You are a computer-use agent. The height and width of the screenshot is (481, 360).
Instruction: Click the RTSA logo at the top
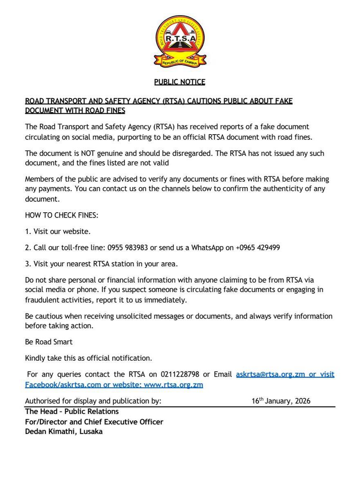[180, 40]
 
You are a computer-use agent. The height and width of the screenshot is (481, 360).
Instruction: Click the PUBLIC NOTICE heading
[179, 82]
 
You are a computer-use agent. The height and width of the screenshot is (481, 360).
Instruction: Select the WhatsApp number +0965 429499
[258, 247]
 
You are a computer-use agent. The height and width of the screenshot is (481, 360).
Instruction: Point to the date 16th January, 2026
[281, 401]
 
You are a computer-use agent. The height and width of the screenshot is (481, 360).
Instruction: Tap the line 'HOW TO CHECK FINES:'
[62, 215]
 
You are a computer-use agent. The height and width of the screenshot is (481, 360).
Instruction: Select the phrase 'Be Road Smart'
[49, 342]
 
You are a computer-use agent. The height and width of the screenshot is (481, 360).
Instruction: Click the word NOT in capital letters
[87, 154]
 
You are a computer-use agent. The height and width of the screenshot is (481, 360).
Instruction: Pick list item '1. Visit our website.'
[58, 231]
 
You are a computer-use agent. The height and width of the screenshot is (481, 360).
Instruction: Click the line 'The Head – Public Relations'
[72, 411]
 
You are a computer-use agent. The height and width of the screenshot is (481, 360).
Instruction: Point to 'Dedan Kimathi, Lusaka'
[64, 432]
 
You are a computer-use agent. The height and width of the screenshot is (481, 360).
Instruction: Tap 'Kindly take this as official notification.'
[88, 358]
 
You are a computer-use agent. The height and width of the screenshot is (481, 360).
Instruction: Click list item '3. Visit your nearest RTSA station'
[101, 264]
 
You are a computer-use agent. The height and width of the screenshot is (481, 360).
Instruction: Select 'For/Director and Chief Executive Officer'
[94, 422]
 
